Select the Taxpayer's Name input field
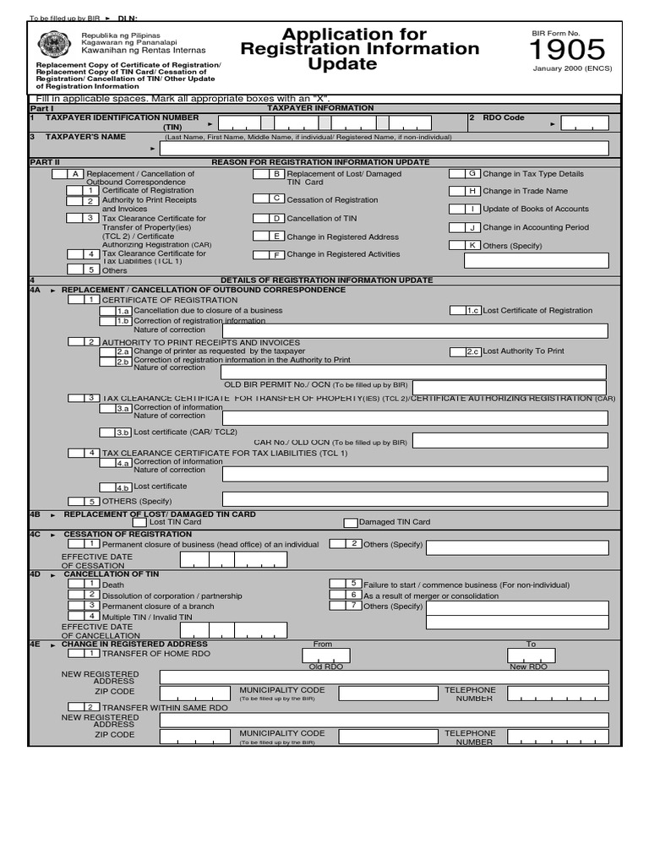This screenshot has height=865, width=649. (x=384, y=149)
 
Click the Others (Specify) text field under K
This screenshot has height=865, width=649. (x=536, y=261)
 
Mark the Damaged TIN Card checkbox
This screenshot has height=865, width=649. (x=351, y=522)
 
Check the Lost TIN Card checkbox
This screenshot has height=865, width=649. (x=139, y=522)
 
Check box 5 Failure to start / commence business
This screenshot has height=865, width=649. (x=345, y=584)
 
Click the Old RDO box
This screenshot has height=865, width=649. (x=325, y=656)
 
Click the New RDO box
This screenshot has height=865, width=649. (x=531, y=656)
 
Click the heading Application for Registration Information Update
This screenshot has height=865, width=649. (x=360, y=49)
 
